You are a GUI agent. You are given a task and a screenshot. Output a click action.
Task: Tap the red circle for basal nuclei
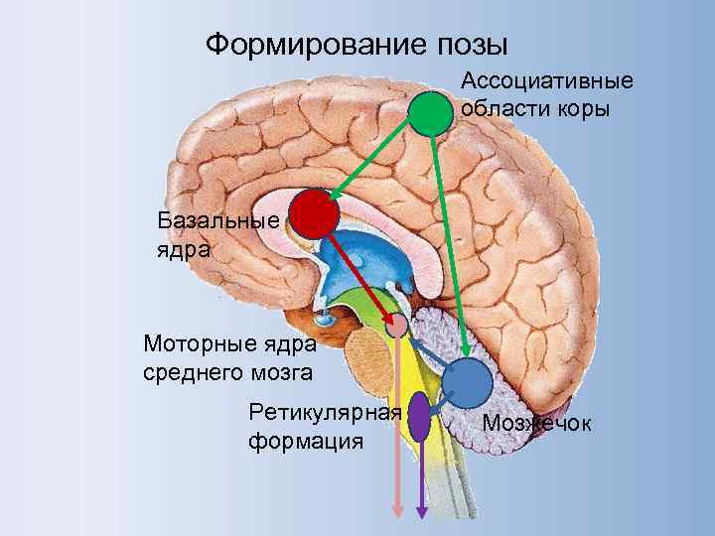(314, 214)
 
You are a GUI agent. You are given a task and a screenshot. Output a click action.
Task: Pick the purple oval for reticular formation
(420, 416)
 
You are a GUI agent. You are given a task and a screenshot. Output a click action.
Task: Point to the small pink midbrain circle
(397, 325)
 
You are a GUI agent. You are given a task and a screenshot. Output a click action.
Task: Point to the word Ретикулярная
(325, 412)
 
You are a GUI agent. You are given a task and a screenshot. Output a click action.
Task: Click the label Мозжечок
(536, 424)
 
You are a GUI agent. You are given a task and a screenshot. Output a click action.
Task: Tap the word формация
(306, 439)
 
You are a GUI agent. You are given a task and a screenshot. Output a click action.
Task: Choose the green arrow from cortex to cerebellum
(449, 238)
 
